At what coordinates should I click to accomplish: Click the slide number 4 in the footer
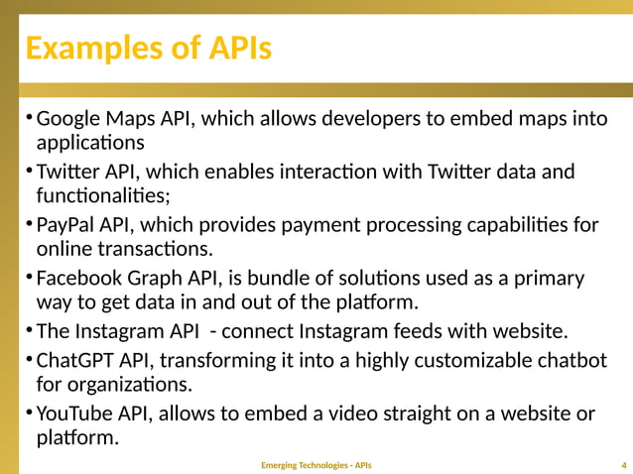pos(622,465)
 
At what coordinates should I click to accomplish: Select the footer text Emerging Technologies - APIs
pos(316,465)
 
